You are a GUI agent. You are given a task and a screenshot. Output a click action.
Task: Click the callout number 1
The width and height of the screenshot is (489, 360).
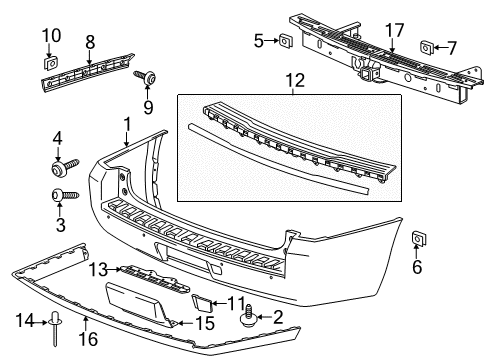[127, 123]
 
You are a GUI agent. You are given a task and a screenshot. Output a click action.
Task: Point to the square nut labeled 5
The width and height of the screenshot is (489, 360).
[286, 41]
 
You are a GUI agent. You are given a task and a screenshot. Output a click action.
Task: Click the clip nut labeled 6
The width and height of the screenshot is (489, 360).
[420, 238]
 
